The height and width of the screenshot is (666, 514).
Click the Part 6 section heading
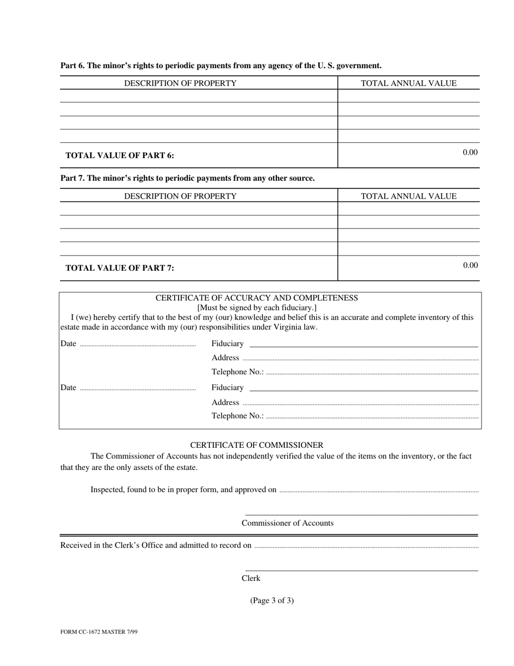[221, 66]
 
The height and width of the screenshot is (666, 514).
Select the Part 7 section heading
[187, 178]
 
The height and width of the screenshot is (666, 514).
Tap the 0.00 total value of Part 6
[470, 152]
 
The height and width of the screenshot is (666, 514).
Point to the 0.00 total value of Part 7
[470, 265]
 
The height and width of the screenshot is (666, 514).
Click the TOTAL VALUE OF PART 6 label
[120, 155]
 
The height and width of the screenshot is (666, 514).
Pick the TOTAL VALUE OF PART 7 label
[120, 268]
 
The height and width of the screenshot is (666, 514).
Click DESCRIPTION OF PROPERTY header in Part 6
[180, 83]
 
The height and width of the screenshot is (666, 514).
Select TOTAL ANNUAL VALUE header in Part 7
[408, 196]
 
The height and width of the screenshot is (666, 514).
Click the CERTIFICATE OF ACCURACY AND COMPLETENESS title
[256, 298]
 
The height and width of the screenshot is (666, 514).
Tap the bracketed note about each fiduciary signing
[256, 308]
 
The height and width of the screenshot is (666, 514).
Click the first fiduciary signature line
[364, 344]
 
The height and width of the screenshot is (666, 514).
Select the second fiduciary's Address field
[360, 403]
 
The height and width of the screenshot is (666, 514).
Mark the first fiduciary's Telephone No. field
[372, 373]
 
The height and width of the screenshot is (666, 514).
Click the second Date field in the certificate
[137, 388]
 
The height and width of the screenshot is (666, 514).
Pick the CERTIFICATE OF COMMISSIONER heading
[256, 445]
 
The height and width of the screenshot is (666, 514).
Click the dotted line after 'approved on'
[378, 491]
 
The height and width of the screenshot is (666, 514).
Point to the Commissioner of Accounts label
[287, 523]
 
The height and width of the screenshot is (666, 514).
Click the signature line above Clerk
[361, 570]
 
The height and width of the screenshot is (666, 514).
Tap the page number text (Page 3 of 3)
[272, 600]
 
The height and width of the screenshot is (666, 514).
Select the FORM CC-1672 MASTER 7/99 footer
[99, 632]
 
